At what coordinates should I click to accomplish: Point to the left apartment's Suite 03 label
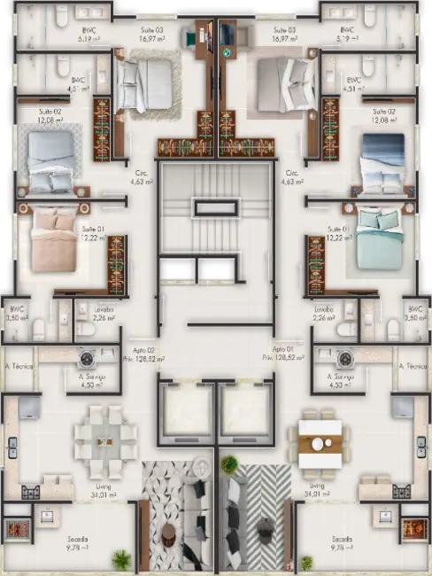(x=151, y=34)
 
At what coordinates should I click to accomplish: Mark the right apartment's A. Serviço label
(x=329, y=381)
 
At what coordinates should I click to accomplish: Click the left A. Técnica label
(x=19, y=365)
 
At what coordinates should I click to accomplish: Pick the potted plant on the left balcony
(x=121, y=558)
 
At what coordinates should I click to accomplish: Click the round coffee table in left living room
(x=169, y=532)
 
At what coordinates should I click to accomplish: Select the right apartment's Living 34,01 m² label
(x=316, y=489)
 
